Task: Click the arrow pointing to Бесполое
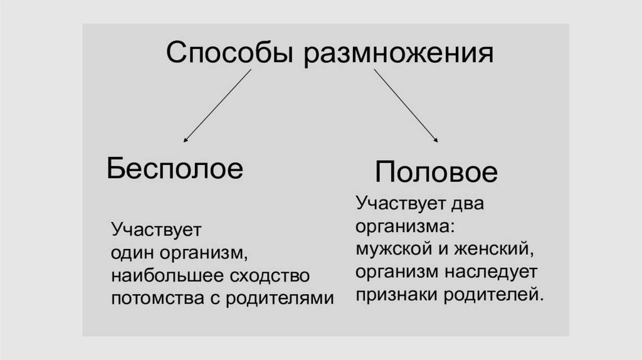[216, 105]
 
